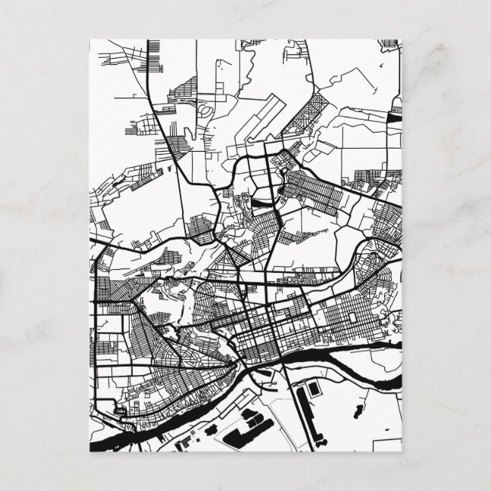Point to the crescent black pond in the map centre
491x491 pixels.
click(x=261, y=203)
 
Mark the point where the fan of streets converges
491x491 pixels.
click(x=233, y=364)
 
